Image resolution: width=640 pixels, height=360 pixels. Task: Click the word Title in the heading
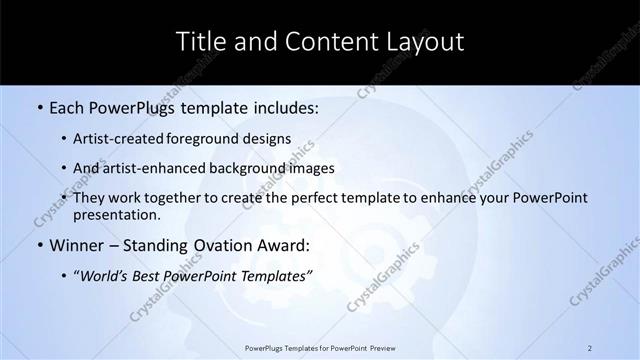(x=200, y=41)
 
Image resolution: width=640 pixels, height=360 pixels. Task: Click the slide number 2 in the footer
(x=590, y=348)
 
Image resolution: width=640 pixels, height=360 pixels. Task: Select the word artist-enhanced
(x=147, y=168)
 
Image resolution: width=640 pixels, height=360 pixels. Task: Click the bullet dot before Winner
(x=38, y=243)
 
